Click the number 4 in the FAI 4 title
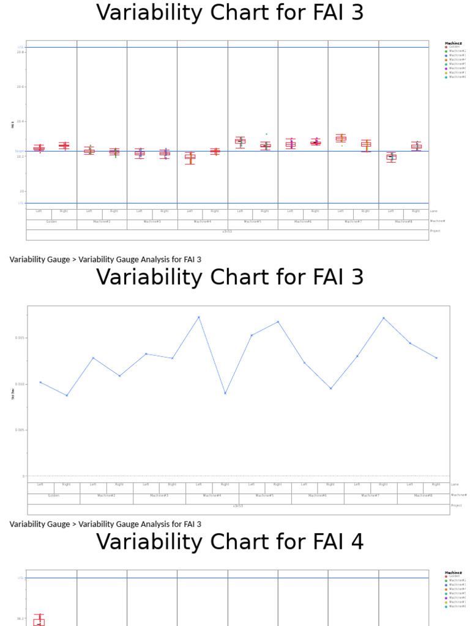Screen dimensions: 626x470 (357, 542)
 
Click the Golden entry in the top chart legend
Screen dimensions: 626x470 (454, 46)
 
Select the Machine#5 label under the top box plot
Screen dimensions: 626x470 (253, 221)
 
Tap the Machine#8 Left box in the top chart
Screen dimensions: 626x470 (391, 157)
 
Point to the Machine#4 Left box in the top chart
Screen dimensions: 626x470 (190, 157)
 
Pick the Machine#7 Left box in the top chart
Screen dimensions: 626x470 (341, 138)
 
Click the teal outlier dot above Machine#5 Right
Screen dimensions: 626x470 (266, 134)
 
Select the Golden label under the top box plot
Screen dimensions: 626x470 (51, 221)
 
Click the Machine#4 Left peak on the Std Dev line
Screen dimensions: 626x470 (199, 317)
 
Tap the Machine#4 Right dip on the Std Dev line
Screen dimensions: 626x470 (225, 393)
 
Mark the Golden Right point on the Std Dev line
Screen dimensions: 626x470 (67, 396)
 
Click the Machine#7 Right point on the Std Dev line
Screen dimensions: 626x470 (384, 318)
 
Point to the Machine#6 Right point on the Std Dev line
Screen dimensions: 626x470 (330, 389)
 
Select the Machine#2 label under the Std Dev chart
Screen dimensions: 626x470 (106, 495)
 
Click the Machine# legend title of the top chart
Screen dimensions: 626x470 (455, 42)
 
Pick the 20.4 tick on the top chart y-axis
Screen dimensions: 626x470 (21, 122)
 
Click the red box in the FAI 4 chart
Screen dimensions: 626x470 (39, 622)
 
